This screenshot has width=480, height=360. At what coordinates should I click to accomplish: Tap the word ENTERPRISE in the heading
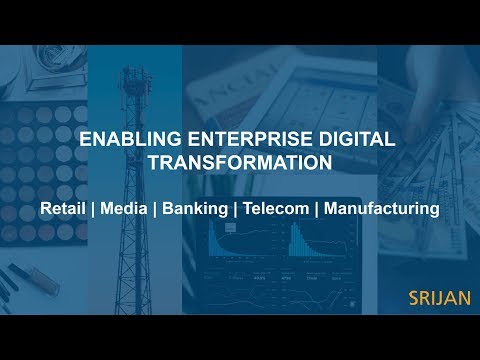pos(229,140)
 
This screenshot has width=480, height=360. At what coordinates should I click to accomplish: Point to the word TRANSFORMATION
pos(239,162)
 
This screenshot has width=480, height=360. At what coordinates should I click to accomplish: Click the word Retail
pos(61,210)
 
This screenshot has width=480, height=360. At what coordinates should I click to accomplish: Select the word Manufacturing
pos(382,210)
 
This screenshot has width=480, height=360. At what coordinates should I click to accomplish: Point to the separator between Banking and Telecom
pos(234,210)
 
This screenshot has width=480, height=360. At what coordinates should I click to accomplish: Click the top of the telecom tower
pos(132,72)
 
